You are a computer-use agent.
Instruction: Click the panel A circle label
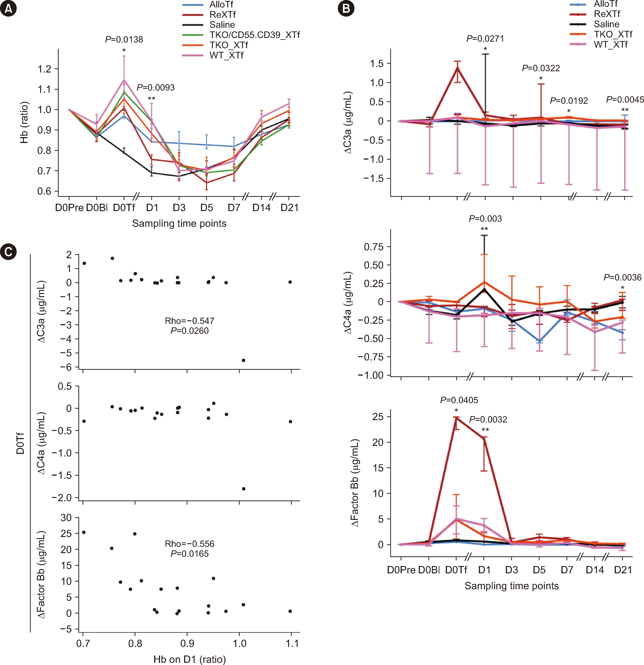point(8,8)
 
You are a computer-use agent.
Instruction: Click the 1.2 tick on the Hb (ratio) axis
point(44,69)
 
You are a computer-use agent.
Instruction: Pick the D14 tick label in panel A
point(261,208)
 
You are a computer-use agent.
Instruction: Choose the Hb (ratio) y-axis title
point(24,123)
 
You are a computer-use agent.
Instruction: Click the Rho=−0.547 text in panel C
point(189,321)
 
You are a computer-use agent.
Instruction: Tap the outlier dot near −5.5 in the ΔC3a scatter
point(243,360)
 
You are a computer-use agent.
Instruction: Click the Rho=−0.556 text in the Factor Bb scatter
point(189,544)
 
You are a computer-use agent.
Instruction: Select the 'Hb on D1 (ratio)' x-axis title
point(189,659)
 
